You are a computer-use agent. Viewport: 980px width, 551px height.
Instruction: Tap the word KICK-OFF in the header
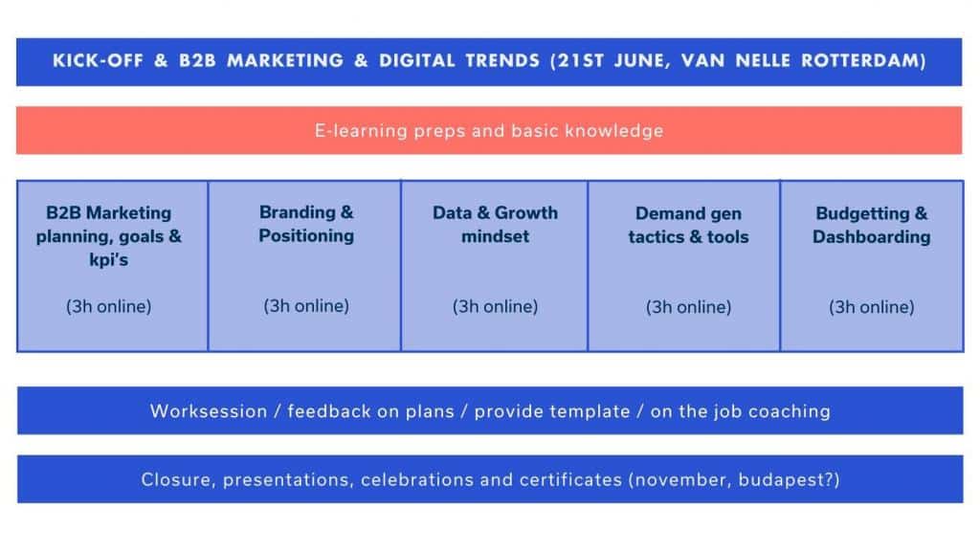pos(98,60)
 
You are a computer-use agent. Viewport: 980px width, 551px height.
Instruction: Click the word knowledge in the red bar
pos(613,130)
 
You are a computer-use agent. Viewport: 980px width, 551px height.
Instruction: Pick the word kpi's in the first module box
pos(109,260)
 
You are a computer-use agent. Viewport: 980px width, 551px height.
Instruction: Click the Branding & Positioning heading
pos(306,224)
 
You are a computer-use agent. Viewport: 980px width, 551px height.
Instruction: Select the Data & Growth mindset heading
pos(495,224)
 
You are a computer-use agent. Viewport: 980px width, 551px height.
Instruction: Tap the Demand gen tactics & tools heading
pos(688,225)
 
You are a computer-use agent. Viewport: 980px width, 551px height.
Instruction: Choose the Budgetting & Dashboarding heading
pos(871,225)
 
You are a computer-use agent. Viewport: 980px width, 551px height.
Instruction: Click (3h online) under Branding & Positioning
pos(306,306)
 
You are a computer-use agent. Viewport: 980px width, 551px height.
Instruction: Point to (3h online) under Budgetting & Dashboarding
pos(871,307)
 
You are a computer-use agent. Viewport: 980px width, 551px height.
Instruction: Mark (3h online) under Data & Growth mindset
pos(495,307)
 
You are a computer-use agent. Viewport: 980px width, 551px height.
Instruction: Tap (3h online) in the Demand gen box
pos(688,307)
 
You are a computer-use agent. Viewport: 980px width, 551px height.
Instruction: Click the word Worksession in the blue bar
pos(209,411)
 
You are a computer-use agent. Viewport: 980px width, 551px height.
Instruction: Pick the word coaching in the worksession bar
pos(790,411)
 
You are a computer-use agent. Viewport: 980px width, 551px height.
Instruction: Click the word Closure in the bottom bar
pos(179,480)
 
